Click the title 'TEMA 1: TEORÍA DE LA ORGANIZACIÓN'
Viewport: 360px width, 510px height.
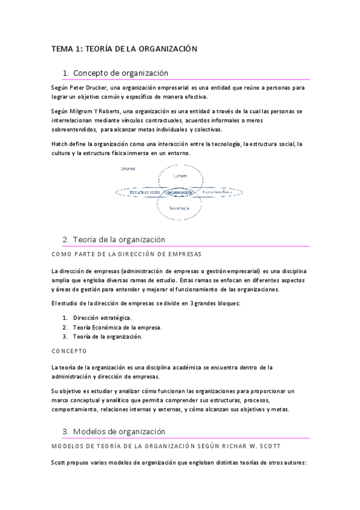click(x=124, y=49)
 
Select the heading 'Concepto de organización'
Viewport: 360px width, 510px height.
click(x=120, y=73)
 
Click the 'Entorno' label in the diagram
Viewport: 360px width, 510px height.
click(x=127, y=169)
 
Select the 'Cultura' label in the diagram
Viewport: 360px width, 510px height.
click(x=180, y=176)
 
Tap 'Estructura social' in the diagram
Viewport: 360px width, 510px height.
click(x=138, y=192)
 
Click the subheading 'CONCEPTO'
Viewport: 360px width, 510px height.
click(x=69, y=351)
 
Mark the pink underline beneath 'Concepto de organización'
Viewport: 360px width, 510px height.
click(x=186, y=79)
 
